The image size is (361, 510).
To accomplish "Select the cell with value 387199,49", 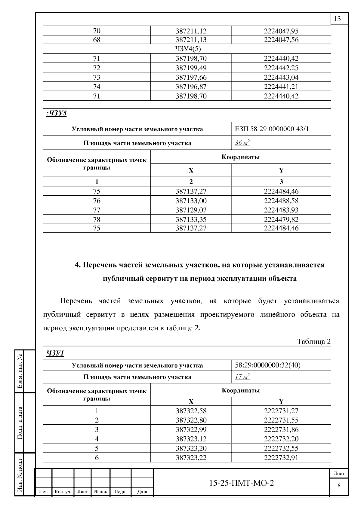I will coord(191,68).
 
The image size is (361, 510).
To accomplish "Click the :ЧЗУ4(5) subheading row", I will coord(187,49).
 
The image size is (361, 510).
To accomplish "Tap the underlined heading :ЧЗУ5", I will coord(57,113).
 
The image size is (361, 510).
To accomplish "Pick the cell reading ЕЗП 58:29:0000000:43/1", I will coord(272,129).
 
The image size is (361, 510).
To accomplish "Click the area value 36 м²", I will coord(242,143).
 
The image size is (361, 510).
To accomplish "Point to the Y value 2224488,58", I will coord(281,201).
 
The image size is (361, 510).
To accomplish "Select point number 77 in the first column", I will coord(97,210).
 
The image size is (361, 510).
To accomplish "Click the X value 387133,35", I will coord(191,219).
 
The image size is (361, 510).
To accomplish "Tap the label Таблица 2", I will coord(313,341).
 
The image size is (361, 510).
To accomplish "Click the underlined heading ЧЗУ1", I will coord(55,353).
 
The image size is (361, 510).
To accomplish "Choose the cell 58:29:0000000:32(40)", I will coord(267,365).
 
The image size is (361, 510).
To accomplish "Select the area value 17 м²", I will coord(242,377).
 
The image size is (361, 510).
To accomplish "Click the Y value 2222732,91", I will coord(281,458).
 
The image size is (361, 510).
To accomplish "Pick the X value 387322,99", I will coord(191,429).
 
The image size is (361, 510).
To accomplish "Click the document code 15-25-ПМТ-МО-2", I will coord(242,483).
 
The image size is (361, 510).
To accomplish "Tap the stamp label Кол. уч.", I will coord(63,492).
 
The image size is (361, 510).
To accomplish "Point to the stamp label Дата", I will coord(142,492).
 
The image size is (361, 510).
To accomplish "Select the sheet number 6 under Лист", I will coord(339,486).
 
